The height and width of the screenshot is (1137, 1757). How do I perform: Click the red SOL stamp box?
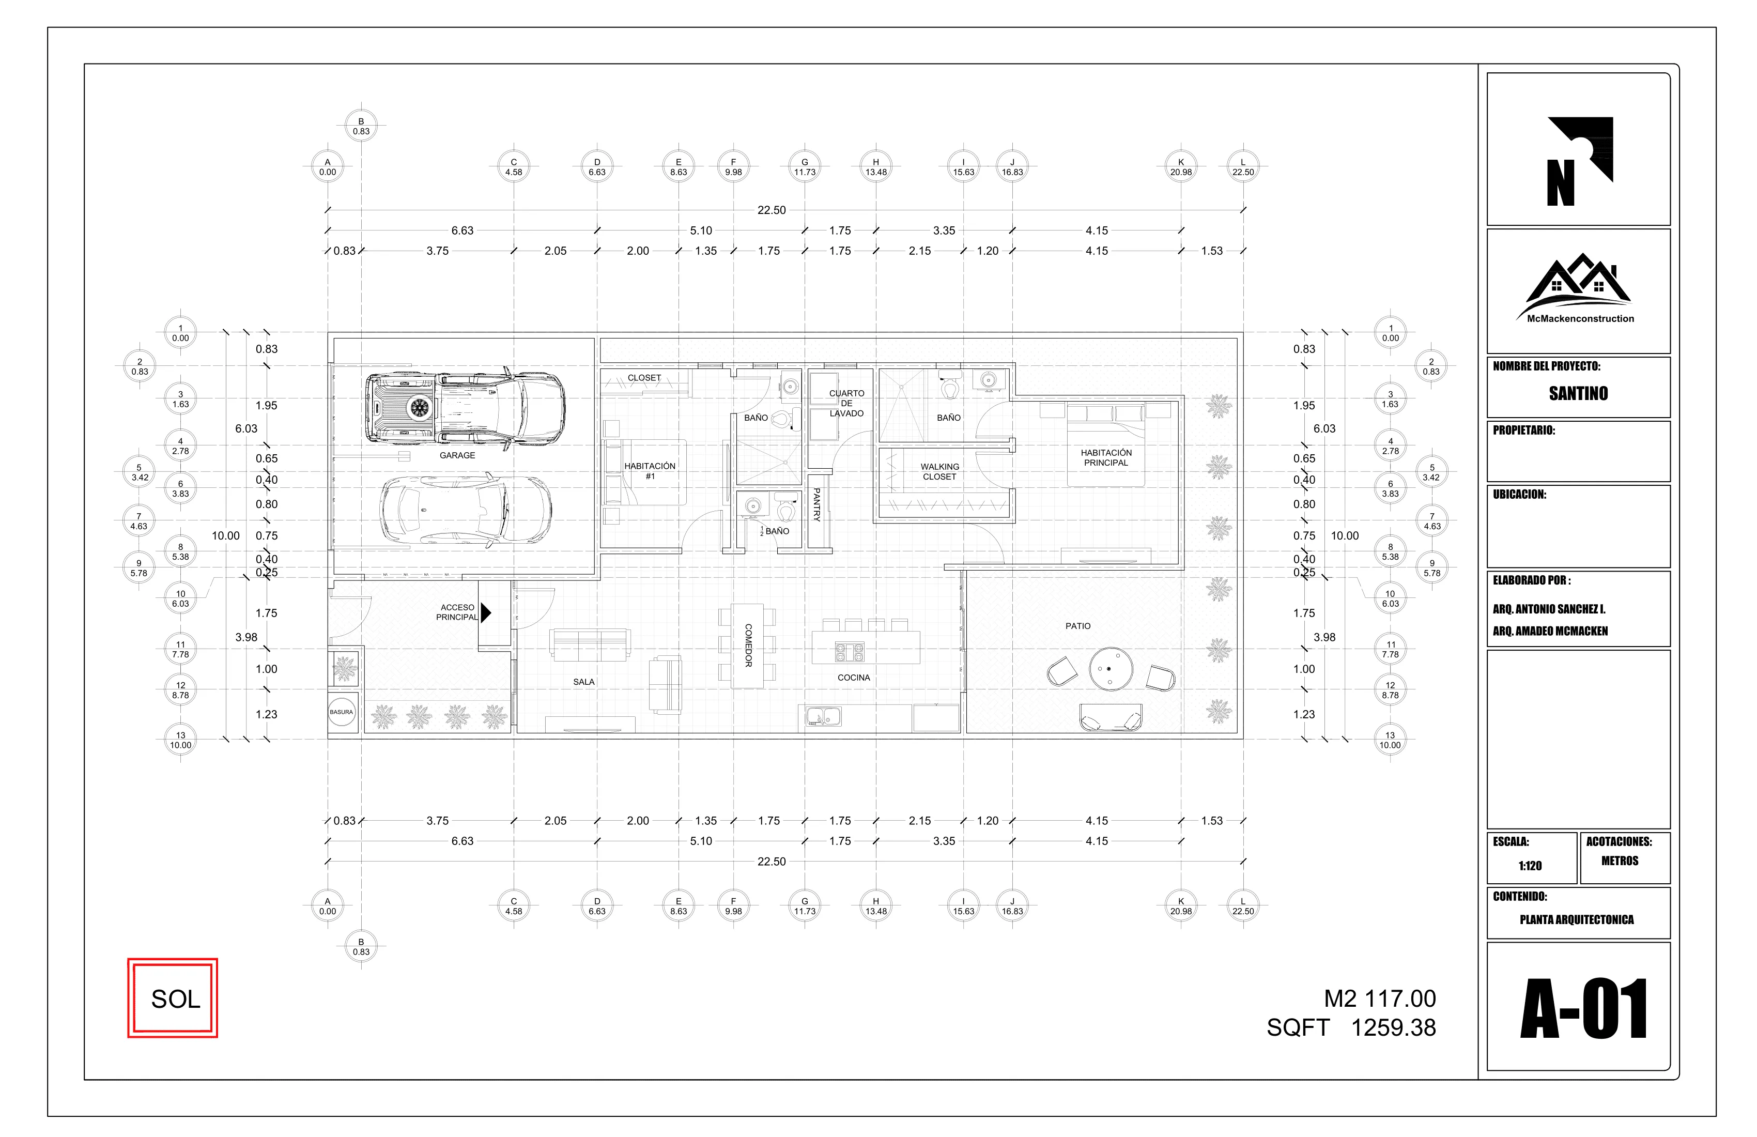(173, 998)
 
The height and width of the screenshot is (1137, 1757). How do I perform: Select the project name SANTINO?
(1578, 393)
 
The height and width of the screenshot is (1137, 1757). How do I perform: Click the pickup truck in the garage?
(465, 407)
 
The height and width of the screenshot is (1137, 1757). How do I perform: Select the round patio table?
(1111, 669)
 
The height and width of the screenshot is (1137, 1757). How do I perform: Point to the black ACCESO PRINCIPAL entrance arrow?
(486, 612)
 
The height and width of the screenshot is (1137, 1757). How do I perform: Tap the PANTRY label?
(816, 505)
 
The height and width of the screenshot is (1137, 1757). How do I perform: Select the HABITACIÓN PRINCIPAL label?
(1105, 458)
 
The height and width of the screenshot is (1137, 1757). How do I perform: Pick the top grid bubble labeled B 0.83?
(361, 126)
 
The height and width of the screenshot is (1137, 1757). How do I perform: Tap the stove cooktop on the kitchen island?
(850, 652)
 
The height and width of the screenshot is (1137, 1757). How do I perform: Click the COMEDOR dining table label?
(747, 646)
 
